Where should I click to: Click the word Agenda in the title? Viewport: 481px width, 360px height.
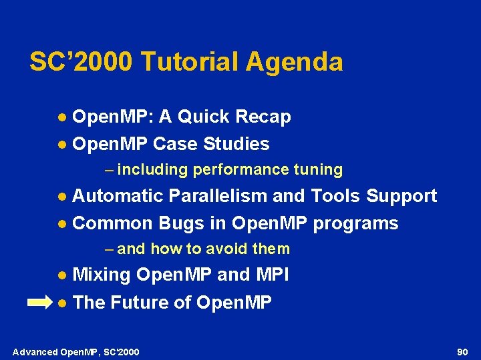tap(295, 63)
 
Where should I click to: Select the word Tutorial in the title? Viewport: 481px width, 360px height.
tap(190, 62)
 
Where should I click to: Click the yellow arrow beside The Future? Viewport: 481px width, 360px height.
tap(39, 303)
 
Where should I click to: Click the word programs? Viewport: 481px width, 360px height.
tap(355, 223)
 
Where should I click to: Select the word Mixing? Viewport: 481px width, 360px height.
tap(102, 275)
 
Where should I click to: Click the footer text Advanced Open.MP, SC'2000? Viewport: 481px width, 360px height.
tap(76, 351)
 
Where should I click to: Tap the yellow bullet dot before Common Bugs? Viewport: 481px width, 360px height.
tap(61, 224)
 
